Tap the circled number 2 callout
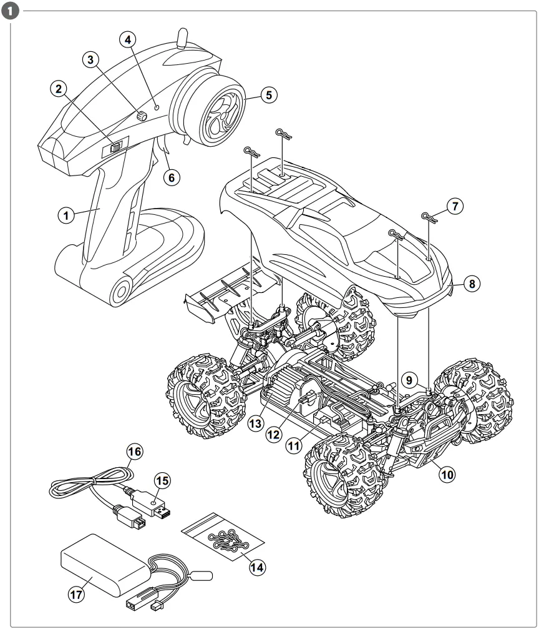59,90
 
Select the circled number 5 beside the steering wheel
269,96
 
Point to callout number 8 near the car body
472,284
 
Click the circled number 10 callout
446,474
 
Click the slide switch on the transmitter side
116,147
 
